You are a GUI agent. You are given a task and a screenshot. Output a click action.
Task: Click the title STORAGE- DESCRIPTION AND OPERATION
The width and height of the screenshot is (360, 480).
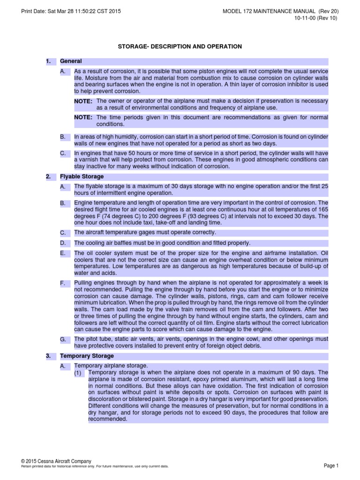coord(180,46)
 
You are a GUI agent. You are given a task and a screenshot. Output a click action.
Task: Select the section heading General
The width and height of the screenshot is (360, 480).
coord(71,61)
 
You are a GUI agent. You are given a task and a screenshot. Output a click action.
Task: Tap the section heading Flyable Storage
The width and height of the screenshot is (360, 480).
coord(82,177)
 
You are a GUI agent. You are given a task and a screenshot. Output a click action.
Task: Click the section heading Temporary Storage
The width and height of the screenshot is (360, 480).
coord(87,356)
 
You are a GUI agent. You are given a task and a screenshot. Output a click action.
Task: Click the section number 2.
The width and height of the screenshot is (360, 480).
coord(48,177)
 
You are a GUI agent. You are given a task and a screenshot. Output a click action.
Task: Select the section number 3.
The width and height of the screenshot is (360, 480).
coord(48,356)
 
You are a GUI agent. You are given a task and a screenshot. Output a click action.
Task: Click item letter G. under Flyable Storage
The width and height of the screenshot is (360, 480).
coord(63,339)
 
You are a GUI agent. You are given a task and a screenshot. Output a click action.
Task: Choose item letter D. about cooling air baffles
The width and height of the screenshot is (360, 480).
coord(63,243)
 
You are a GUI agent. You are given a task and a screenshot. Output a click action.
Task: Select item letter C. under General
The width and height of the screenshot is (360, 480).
coord(63,153)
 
